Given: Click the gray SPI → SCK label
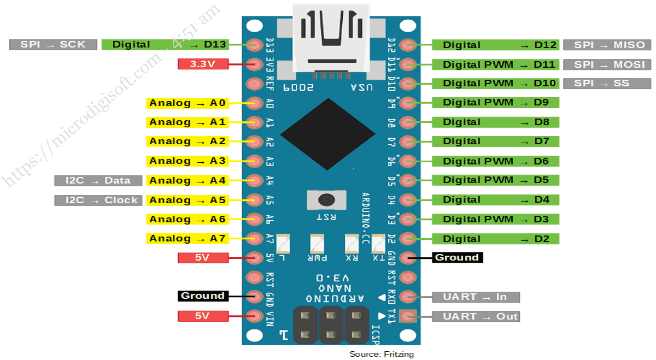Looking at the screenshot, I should [x=53, y=45].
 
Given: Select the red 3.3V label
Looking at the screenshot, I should [x=203, y=64].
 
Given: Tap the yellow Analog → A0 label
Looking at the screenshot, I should [x=188, y=103].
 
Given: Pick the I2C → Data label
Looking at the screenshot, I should [x=98, y=180].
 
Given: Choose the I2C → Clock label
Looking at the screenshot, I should [x=98, y=200].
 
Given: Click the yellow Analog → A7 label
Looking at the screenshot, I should [x=188, y=238].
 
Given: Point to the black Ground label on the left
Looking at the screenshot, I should [x=202, y=296].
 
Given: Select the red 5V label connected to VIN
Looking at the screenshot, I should [x=203, y=316].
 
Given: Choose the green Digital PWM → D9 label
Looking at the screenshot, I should [x=495, y=102].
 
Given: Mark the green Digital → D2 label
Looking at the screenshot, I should [x=495, y=239].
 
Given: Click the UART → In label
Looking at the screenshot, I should [x=475, y=297].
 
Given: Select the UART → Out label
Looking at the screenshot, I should [x=475, y=316].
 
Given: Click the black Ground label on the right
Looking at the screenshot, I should [x=457, y=257].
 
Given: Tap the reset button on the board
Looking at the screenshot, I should [x=327, y=199].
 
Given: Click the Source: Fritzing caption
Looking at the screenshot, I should [x=382, y=354].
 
